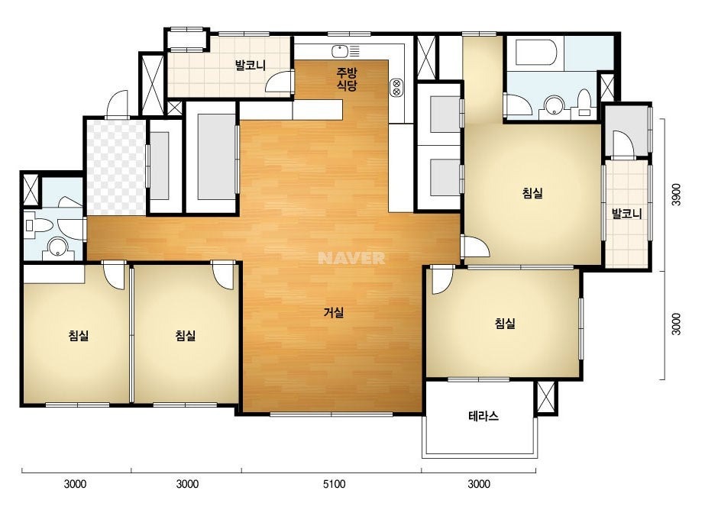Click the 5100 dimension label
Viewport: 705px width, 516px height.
[334, 484]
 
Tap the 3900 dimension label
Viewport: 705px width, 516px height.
[676, 194]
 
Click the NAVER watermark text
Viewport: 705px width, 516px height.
[351, 258]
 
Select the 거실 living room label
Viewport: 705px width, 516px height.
[334, 312]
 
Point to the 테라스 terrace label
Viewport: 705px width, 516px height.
[483, 416]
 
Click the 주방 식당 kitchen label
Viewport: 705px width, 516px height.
[347, 79]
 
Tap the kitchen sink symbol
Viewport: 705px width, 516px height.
[346, 51]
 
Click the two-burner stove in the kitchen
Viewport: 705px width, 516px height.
[397, 88]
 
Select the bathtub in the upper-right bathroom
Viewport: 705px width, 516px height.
[536, 53]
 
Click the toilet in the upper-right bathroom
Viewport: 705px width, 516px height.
[584, 103]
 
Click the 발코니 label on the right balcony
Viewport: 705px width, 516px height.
[627, 214]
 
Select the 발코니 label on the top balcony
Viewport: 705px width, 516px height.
[251, 66]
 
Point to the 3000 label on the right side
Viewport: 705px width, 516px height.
[676, 324]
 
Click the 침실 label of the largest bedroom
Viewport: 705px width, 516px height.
[532, 193]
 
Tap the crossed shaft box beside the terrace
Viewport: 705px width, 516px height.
[546, 397]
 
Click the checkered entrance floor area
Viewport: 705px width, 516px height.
[116, 167]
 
